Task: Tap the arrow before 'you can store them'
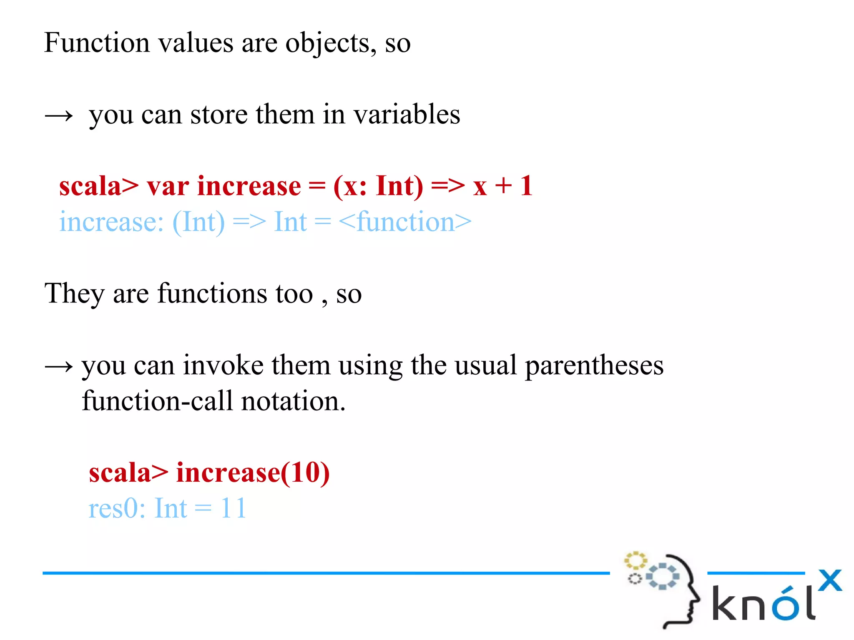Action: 59,115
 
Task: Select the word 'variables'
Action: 407,115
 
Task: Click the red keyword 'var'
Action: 168,186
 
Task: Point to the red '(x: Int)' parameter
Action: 378,186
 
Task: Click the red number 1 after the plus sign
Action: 526,186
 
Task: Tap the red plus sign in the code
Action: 503,186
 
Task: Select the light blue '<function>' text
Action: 405,222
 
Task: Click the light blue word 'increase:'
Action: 111,222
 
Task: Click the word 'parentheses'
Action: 594,365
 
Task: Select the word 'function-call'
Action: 157,401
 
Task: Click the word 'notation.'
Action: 293,401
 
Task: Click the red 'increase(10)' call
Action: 253,473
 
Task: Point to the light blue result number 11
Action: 234,508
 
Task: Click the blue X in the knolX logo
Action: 830,580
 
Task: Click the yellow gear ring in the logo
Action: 635,561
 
